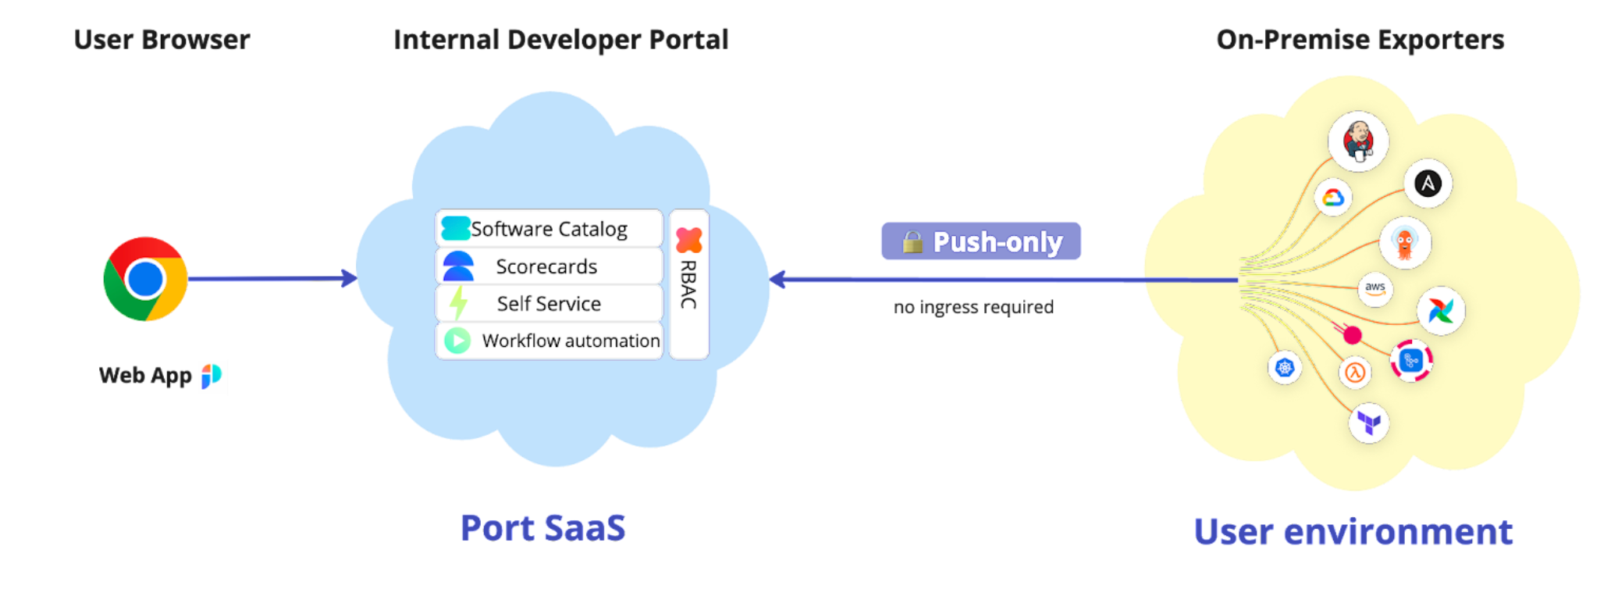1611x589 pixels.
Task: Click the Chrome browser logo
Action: click(x=145, y=279)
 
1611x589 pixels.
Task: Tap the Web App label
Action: click(x=146, y=376)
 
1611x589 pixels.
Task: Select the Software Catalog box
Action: click(x=549, y=229)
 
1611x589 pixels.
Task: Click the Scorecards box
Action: click(x=549, y=266)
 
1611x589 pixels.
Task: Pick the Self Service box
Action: click(x=549, y=303)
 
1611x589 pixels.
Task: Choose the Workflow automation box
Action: click(x=549, y=341)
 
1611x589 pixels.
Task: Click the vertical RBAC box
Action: click(x=688, y=284)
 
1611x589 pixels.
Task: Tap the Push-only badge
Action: click(x=981, y=241)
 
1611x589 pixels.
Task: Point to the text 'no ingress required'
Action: click(x=973, y=307)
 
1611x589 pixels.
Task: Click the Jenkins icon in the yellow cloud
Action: click(x=1358, y=141)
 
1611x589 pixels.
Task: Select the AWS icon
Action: click(x=1375, y=288)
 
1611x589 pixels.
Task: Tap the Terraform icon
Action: click(x=1368, y=423)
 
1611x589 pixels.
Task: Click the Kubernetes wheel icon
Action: click(x=1285, y=367)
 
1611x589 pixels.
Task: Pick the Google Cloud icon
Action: click(x=1332, y=198)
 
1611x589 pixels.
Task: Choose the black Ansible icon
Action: click(x=1428, y=184)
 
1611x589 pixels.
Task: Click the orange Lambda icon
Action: click(x=1355, y=373)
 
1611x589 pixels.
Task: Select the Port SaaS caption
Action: click(x=542, y=528)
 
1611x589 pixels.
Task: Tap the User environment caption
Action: click(x=1353, y=532)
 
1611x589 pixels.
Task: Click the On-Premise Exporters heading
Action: click(x=1360, y=40)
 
